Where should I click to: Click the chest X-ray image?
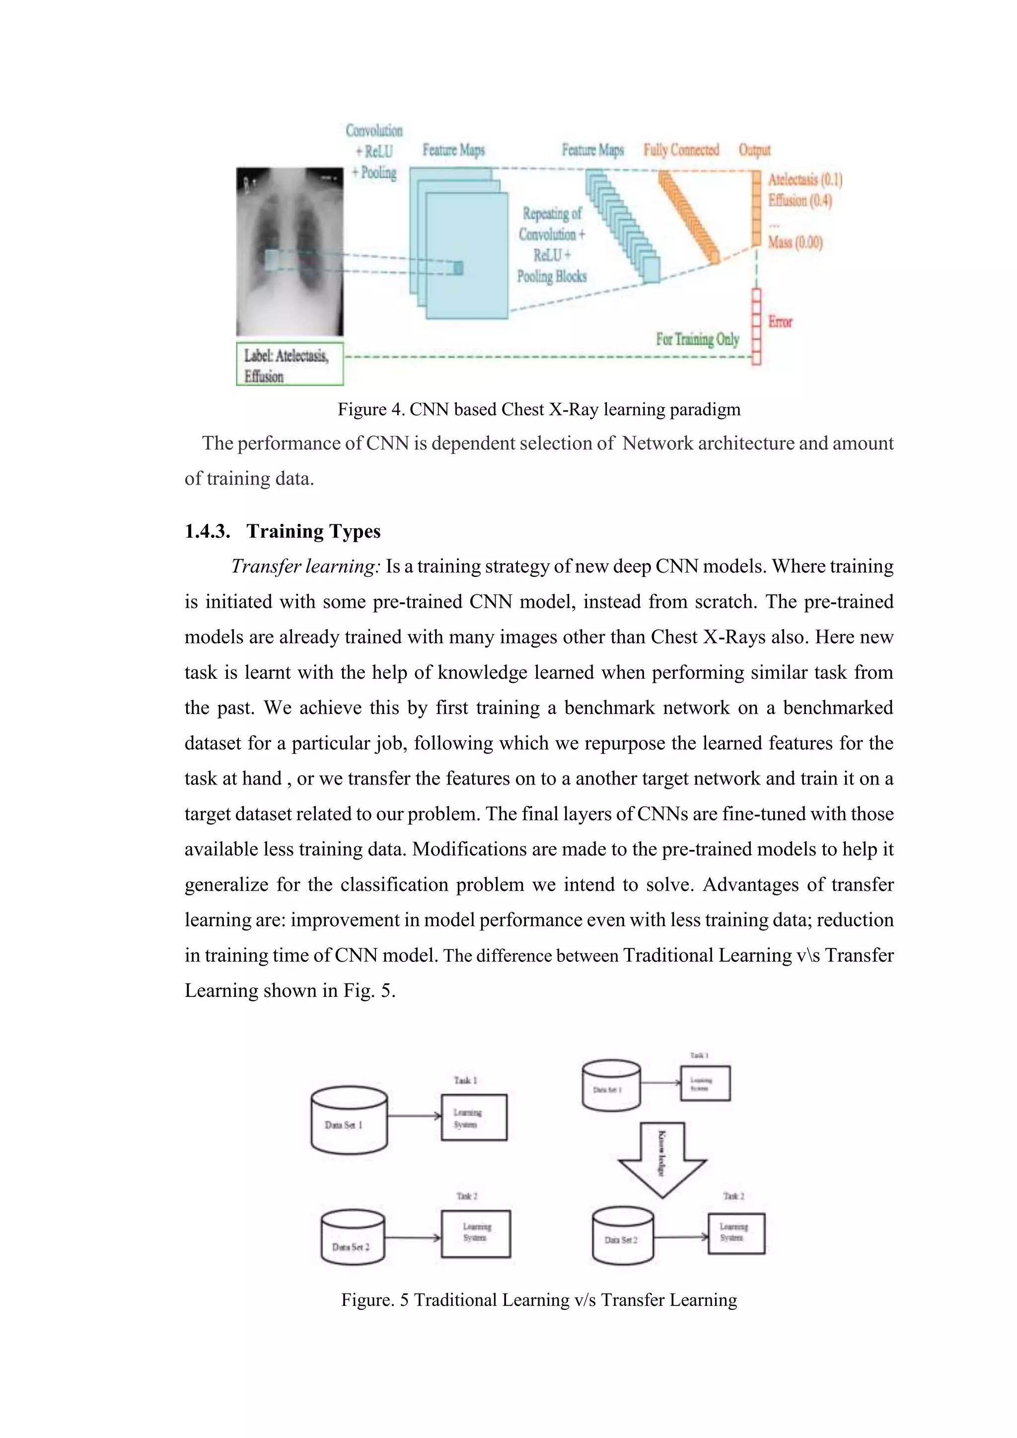click(x=290, y=252)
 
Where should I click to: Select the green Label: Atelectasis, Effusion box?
click(x=290, y=364)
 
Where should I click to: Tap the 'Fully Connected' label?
click(x=681, y=150)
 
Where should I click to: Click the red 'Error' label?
click(x=780, y=322)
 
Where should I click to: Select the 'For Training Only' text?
click(x=698, y=340)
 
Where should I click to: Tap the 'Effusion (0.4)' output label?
click(x=799, y=201)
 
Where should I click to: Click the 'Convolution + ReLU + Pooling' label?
click(x=374, y=151)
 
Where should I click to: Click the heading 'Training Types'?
click(x=313, y=532)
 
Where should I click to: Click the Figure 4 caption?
click(x=539, y=410)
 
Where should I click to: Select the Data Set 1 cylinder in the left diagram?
click(x=349, y=1121)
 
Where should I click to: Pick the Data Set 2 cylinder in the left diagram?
click(x=353, y=1237)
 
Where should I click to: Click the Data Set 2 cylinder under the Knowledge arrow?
click(x=622, y=1236)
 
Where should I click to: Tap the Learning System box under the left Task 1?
click(x=474, y=1117)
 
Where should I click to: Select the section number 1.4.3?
click(x=207, y=532)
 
